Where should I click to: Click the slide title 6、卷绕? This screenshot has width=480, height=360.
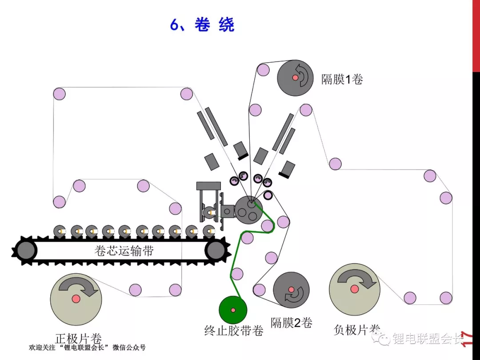(202, 24)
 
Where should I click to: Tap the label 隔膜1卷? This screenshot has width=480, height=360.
(342, 79)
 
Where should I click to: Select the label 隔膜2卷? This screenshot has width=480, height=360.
(291, 323)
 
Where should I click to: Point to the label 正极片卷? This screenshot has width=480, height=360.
(79, 339)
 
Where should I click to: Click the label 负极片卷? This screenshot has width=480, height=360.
(357, 330)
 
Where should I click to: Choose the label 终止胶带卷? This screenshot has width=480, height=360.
(234, 331)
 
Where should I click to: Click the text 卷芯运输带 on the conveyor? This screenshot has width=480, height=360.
(124, 251)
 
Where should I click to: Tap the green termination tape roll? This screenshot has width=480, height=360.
(233, 310)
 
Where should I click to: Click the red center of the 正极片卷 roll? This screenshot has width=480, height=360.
(76, 299)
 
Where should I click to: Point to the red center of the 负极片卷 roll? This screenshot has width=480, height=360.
(355, 289)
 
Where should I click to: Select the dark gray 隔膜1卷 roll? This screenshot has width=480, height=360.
(295, 78)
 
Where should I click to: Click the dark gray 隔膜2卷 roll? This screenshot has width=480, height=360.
(291, 290)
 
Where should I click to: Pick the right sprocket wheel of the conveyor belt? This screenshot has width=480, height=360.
(217, 250)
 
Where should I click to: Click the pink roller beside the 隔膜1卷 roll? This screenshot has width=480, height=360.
(263, 70)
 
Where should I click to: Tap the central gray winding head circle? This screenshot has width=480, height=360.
(248, 210)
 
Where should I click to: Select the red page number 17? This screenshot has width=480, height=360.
(468, 339)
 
